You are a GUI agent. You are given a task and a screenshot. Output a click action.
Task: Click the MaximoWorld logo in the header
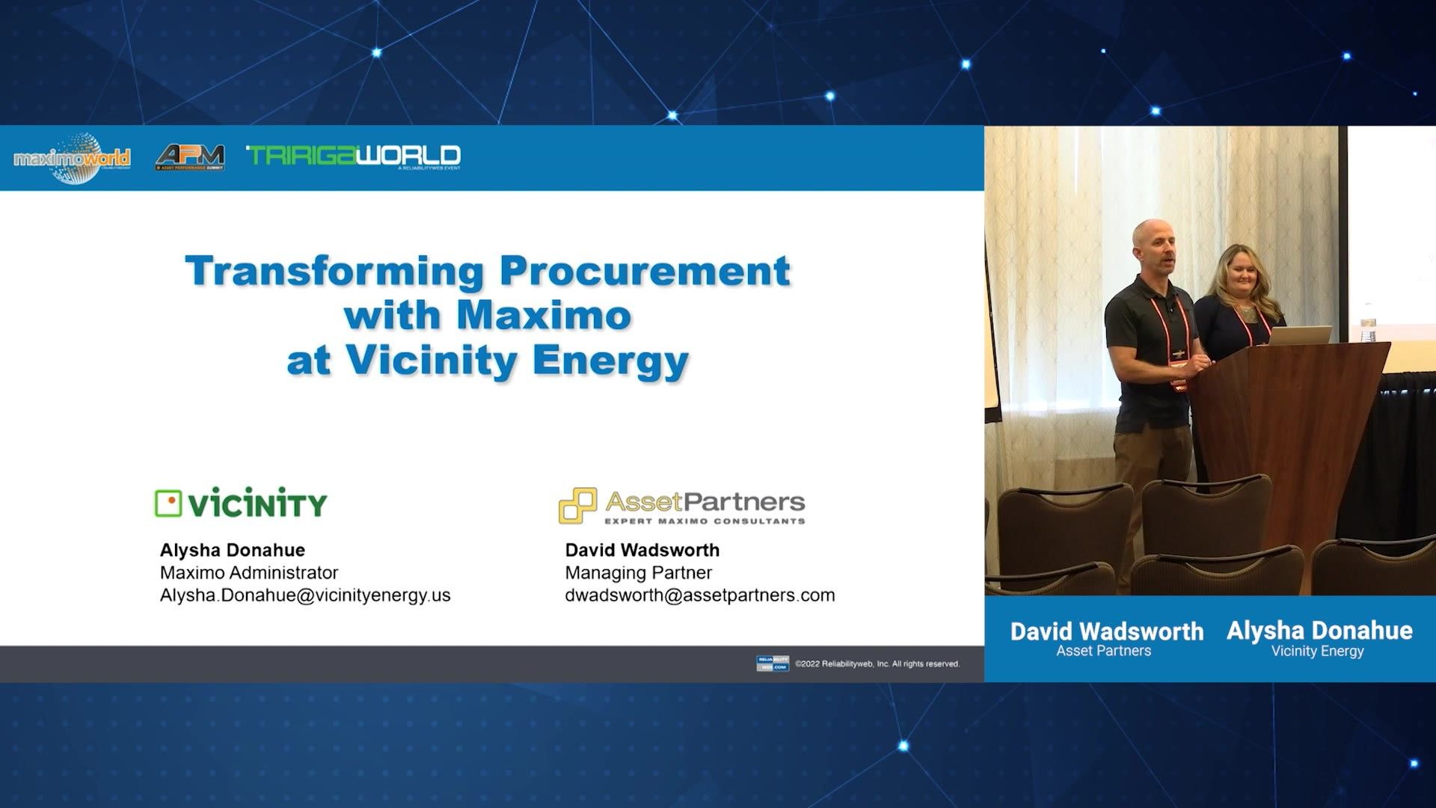point(72,158)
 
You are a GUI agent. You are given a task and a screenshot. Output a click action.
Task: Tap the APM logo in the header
point(190,156)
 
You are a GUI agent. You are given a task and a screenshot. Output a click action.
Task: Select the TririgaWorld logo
point(353,156)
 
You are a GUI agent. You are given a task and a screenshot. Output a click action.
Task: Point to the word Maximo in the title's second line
point(544,315)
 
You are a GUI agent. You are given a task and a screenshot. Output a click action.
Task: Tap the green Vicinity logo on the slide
point(241,504)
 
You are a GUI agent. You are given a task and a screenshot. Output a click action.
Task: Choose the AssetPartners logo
point(682,506)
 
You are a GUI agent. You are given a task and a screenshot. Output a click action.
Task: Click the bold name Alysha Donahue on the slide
point(233,550)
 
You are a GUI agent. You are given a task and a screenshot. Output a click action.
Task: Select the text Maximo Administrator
point(249,572)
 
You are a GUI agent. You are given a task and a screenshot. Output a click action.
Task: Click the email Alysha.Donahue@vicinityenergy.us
point(305,595)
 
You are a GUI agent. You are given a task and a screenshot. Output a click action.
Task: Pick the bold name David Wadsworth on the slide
point(642,550)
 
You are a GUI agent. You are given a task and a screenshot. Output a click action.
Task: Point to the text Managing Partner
point(639,572)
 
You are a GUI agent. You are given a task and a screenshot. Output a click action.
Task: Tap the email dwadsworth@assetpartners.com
point(700,595)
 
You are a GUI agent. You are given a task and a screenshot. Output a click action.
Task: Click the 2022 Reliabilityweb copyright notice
point(877,664)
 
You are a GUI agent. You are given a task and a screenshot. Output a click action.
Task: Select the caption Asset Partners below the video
point(1103,651)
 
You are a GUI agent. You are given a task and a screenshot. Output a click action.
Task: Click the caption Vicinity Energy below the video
point(1317,651)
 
